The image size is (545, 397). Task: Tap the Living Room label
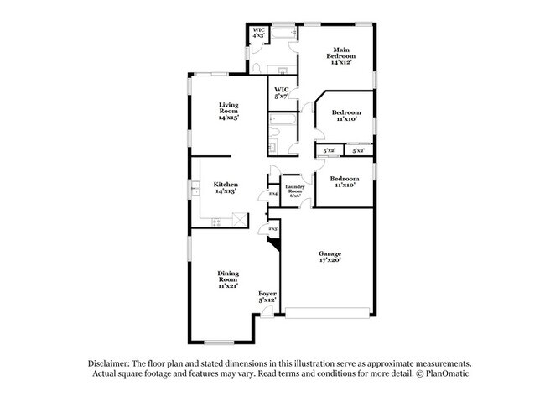click(x=228, y=111)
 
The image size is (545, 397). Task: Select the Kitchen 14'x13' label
click(x=225, y=187)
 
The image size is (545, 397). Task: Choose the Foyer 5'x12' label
click(x=267, y=295)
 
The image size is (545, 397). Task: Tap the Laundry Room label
click(x=294, y=190)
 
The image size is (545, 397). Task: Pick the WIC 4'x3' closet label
click(x=259, y=33)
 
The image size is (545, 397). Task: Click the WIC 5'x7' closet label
click(x=281, y=92)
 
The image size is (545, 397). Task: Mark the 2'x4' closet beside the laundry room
click(x=273, y=195)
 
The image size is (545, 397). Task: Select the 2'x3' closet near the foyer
click(x=272, y=228)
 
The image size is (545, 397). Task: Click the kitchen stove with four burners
click(x=217, y=222)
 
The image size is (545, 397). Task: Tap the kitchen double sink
click(x=195, y=188)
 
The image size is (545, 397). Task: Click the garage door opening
click(x=327, y=316)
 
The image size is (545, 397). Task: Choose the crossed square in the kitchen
click(x=239, y=220)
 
